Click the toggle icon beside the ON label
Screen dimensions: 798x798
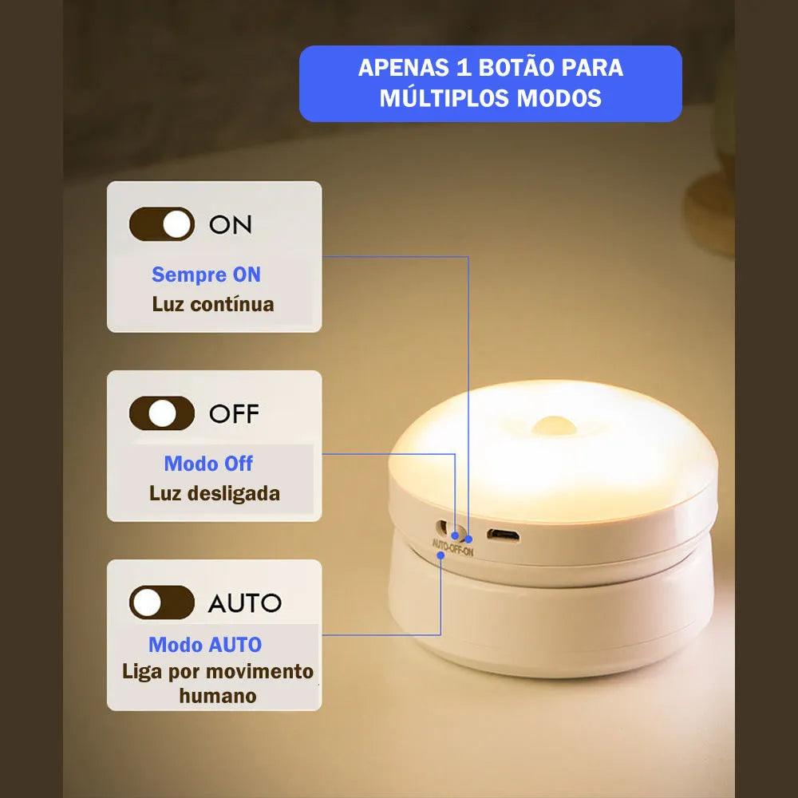point(162,224)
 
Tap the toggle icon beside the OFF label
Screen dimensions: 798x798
point(162,413)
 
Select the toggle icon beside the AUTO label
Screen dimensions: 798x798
point(162,602)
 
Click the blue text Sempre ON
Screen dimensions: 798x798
point(206,275)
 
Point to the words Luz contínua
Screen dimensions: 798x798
point(213,304)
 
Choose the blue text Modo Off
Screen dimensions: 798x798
point(208,464)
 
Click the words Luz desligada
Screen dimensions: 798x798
point(215,493)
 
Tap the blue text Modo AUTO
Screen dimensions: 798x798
point(205,645)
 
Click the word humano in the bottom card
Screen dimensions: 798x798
point(218,696)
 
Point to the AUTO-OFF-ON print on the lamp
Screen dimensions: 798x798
point(452,548)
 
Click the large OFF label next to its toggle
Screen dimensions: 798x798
point(234,414)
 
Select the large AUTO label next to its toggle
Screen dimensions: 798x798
point(244,603)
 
